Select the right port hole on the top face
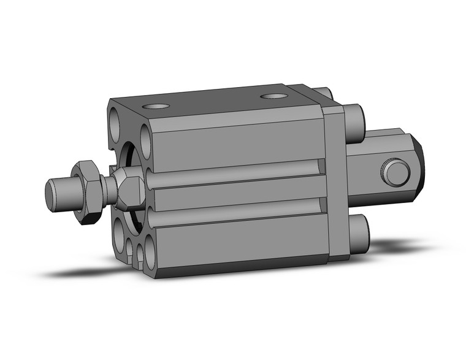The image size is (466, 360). point(273,96)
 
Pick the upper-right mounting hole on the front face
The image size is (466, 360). point(146,137)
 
